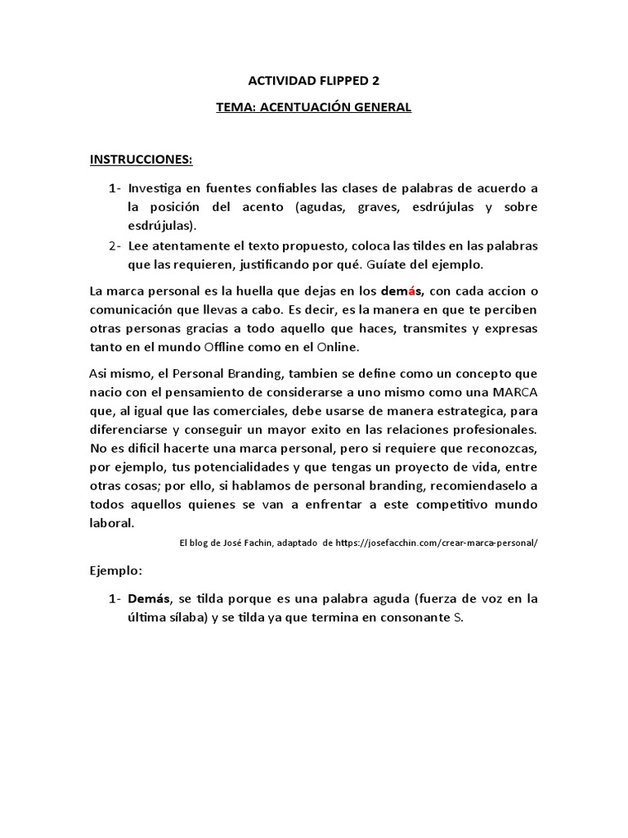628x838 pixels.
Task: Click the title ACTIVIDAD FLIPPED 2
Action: (313, 81)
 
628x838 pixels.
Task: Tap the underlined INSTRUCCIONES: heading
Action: (141, 159)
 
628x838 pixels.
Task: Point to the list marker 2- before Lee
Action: (114, 246)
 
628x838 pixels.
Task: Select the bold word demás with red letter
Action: (401, 292)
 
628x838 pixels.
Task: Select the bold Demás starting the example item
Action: (147, 599)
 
